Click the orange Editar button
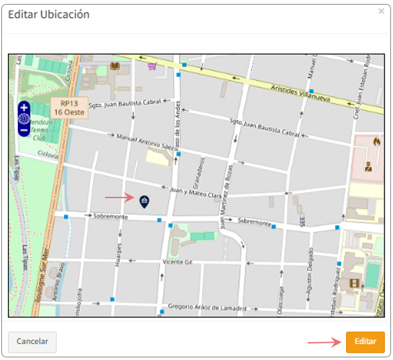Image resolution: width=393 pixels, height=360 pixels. [x=365, y=342]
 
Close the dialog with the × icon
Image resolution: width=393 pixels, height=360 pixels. [x=381, y=12]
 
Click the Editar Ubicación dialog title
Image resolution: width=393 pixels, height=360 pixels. [x=48, y=15]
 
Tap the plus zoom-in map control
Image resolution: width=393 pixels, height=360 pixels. [x=24, y=107]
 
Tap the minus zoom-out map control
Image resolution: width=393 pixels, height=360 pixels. [x=24, y=131]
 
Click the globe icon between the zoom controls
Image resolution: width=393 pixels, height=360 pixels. [x=24, y=119]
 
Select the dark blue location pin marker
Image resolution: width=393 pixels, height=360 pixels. [x=144, y=200]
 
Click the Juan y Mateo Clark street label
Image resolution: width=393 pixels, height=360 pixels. [x=196, y=192]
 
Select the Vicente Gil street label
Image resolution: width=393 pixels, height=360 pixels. [x=177, y=262]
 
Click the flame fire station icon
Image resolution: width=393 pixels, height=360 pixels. [x=377, y=141]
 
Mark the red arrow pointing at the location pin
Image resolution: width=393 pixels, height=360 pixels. [x=119, y=197]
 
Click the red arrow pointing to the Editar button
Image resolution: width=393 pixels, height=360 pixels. [x=322, y=342]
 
